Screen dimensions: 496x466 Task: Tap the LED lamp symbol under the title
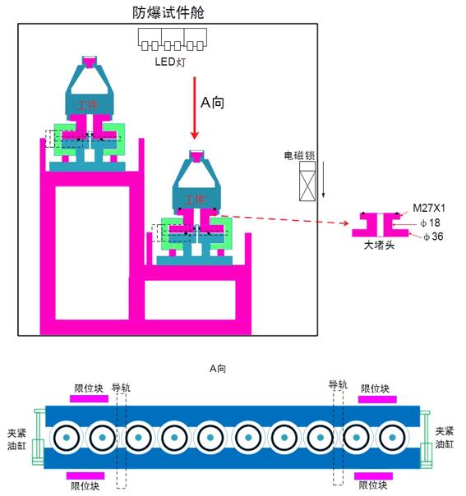pos(173,39)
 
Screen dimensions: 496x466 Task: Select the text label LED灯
pos(172,62)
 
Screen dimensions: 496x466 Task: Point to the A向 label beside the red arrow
pos(212,103)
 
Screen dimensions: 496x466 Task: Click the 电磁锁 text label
pos(299,154)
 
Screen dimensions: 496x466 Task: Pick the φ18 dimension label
pos(428,223)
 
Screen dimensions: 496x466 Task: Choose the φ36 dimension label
pos(432,237)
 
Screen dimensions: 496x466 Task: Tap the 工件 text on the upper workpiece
pos(87,105)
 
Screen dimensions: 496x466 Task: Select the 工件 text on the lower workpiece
pos(195,200)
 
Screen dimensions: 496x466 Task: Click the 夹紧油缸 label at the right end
pos(444,438)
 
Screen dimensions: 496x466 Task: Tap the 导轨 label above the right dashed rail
pos(338,384)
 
